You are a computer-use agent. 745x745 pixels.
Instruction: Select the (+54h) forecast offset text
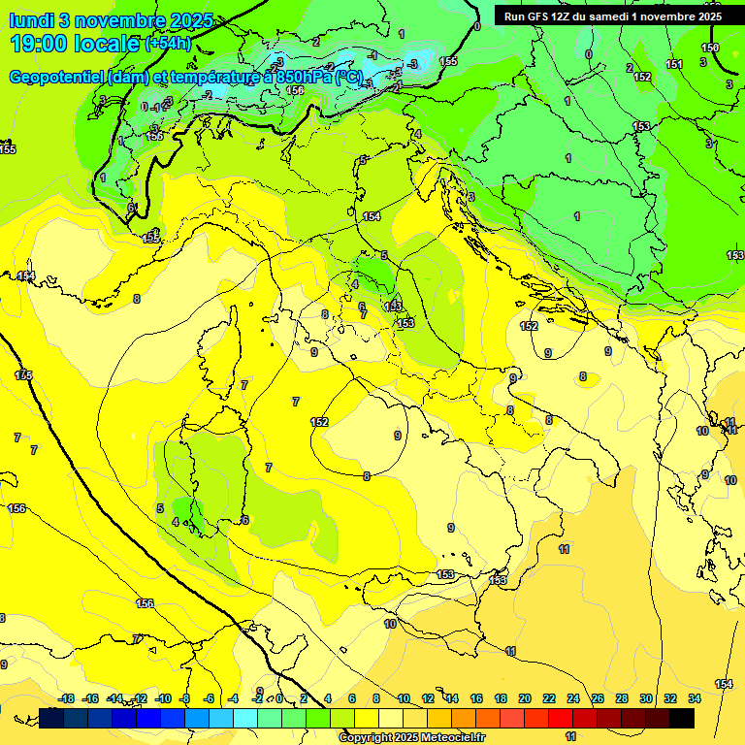point(168,45)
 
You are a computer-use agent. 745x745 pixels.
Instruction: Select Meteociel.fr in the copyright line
point(453,737)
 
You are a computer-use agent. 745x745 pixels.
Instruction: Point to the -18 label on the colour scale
point(66,699)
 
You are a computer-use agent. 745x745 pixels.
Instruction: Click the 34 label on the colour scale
point(694,699)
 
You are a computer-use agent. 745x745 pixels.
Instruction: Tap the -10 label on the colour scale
point(163,699)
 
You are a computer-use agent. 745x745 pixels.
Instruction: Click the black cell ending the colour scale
point(682,718)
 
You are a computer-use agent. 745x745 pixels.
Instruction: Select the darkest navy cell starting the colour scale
point(51,718)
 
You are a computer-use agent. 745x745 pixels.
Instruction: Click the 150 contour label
point(710,48)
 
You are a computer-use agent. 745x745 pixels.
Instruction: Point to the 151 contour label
point(674,64)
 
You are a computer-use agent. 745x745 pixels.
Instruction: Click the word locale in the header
point(109,44)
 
